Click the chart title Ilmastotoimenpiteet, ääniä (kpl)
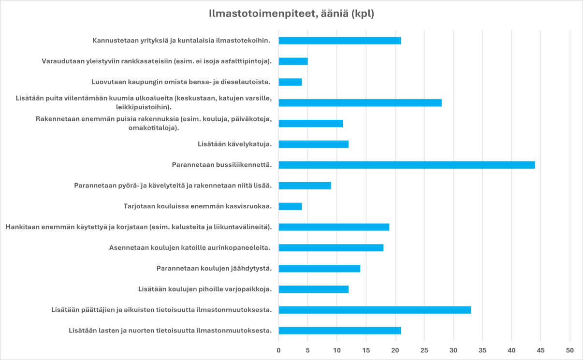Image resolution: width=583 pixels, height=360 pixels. click(291, 14)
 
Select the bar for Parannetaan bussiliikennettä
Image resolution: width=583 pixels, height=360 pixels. click(407, 165)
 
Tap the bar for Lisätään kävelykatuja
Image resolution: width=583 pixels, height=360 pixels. click(313, 144)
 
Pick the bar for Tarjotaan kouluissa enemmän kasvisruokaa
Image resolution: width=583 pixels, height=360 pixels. click(290, 206)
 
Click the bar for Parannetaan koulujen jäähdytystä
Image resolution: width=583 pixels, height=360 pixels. click(319, 269)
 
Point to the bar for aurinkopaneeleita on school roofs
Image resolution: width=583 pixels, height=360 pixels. click(331, 248)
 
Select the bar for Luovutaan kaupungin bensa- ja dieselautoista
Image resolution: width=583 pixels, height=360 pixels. click(290, 82)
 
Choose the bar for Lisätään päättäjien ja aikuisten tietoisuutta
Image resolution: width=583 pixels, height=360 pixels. click(375, 310)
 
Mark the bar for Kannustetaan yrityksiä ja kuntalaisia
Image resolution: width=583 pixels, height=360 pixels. click(339, 41)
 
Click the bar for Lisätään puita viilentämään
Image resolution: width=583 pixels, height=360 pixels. click(360, 102)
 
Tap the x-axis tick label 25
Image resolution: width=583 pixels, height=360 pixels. click(424, 350)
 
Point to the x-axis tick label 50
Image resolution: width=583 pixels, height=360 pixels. click(570, 350)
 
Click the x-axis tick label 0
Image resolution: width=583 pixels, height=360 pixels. click(278, 350)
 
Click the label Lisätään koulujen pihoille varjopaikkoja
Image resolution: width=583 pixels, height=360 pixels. click(204, 289)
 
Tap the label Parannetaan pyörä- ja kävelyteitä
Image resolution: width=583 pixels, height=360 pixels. click(173, 186)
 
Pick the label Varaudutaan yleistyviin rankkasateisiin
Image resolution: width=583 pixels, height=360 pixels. click(157, 61)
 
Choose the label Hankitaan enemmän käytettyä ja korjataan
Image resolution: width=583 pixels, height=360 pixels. click(138, 227)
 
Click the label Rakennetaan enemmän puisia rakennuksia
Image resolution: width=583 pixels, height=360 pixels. click(154, 123)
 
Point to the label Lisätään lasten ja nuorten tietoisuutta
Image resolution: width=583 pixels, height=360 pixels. click(170, 331)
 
